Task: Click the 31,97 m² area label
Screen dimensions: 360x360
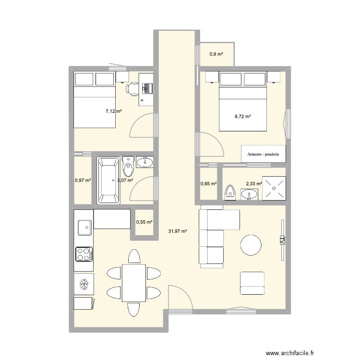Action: pyautogui.click(x=178, y=231)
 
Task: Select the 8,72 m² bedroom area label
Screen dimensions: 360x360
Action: pyautogui.click(x=243, y=116)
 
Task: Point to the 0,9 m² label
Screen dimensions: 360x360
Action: pyautogui.click(x=216, y=54)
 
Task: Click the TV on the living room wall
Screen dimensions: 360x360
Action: pyautogui.click(x=282, y=240)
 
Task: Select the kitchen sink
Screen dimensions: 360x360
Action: pyautogui.click(x=84, y=226)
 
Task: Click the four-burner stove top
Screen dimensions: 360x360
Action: pyautogui.click(x=84, y=254)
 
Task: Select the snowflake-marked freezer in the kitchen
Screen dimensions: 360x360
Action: pyautogui.click(x=84, y=284)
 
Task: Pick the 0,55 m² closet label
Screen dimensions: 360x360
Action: pyautogui.click(x=144, y=222)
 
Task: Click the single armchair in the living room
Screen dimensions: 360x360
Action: pyautogui.click(x=252, y=283)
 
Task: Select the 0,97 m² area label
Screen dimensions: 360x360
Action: pyautogui.click(x=83, y=180)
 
